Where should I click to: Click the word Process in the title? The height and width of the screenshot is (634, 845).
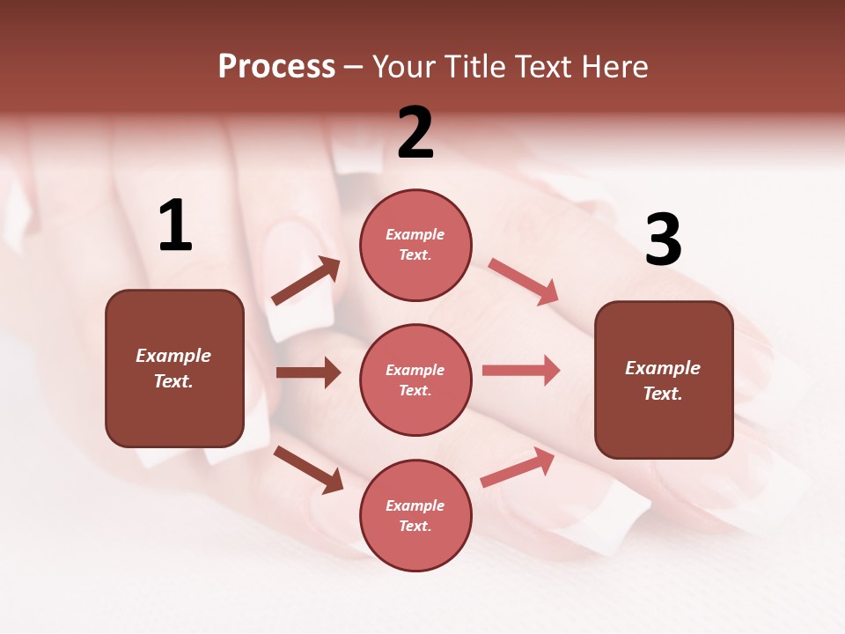click(x=276, y=67)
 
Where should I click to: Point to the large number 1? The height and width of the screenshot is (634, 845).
click(x=175, y=226)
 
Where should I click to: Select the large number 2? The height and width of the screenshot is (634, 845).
click(x=415, y=133)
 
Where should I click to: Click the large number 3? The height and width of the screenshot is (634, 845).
click(x=663, y=240)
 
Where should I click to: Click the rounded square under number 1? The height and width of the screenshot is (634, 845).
click(x=174, y=368)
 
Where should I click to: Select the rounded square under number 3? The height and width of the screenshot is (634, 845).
click(x=664, y=380)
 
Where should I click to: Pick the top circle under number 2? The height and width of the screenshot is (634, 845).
click(x=415, y=245)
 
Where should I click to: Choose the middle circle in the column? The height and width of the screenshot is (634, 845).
click(x=415, y=380)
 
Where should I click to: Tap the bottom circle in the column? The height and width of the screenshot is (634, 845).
click(x=415, y=515)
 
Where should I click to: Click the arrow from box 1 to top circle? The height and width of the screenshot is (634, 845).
click(x=305, y=281)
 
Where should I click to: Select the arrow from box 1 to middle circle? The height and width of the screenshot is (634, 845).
click(x=308, y=372)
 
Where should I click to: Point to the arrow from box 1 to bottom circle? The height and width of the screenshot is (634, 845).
click(x=308, y=469)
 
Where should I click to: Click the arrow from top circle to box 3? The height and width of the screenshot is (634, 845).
click(x=524, y=282)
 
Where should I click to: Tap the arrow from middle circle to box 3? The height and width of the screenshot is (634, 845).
click(x=521, y=371)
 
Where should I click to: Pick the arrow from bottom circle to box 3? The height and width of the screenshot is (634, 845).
click(x=518, y=468)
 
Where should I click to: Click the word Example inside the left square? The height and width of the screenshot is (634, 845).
click(x=173, y=356)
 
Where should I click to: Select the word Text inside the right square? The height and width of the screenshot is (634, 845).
click(x=662, y=394)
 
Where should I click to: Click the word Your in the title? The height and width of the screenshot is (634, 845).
click(x=404, y=67)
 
